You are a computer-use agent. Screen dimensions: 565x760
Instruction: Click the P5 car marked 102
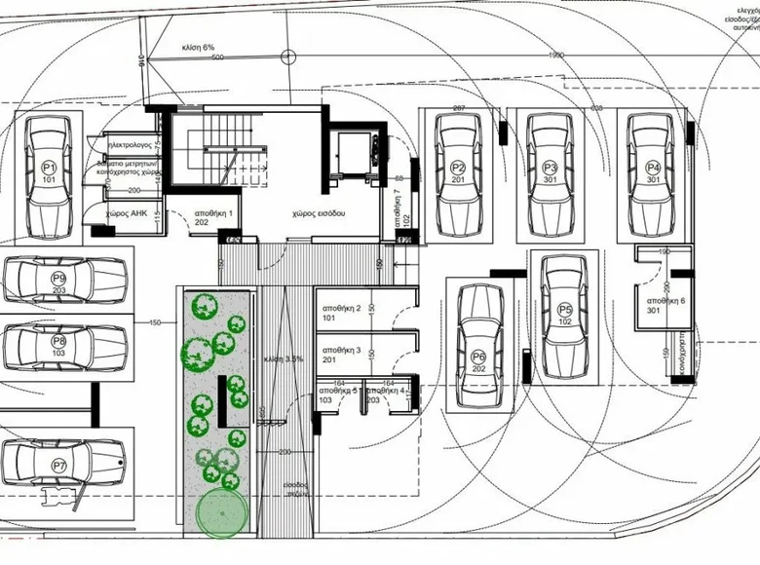564,317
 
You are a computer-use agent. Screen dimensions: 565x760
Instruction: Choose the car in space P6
478,348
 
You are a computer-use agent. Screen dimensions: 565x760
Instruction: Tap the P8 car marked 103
63,343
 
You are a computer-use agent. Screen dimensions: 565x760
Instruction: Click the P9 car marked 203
63,281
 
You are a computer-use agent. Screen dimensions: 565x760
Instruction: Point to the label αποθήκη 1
214,211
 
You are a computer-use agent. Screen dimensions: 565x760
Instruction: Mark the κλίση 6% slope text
198,47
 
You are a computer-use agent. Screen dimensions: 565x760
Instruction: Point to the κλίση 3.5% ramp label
284,359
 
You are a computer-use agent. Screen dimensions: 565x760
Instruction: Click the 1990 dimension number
556,56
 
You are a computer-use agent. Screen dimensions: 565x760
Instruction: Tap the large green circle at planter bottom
221,514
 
